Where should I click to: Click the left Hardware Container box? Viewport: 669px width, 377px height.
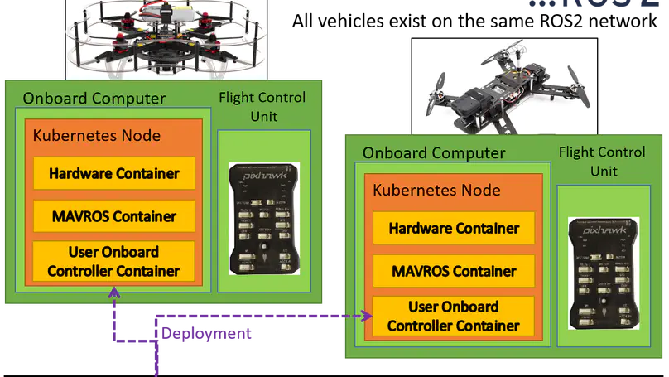(114, 174)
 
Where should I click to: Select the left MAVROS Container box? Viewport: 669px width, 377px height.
(114, 216)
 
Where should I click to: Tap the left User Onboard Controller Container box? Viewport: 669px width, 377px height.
(114, 261)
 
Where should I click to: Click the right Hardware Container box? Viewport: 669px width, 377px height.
(454, 228)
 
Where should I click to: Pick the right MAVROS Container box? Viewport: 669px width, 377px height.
(454, 271)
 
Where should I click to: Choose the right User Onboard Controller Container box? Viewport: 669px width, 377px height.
(454, 316)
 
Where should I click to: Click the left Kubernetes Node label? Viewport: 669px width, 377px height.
(96, 136)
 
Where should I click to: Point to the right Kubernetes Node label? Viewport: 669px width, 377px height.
(436, 190)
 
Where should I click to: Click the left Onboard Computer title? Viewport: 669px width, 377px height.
(94, 99)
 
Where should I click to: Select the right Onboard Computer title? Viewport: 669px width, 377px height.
(434, 153)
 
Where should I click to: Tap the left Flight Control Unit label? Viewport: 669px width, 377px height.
(262, 107)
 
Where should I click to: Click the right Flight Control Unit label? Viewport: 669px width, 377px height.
(602, 161)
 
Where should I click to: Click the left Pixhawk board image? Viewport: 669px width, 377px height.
(263, 219)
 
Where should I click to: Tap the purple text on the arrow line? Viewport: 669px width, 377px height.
(207, 335)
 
